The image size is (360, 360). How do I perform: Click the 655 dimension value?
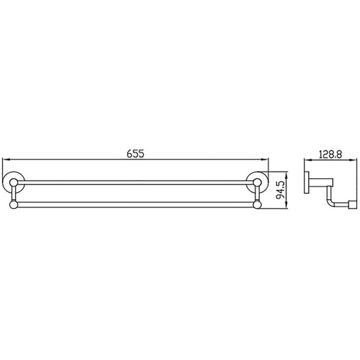pyautogui.click(x=135, y=154)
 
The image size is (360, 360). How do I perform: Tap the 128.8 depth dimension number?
pyautogui.click(x=331, y=154)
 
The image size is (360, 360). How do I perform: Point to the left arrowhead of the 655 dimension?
pyautogui.click(x=5, y=159)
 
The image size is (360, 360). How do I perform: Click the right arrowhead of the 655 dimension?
pyautogui.click(x=265, y=159)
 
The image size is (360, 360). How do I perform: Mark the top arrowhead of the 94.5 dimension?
pyautogui.click(x=286, y=175)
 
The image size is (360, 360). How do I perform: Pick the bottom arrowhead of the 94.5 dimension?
pyautogui.click(x=286, y=205)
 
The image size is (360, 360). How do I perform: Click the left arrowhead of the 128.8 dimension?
pyautogui.click(x=308, y=160)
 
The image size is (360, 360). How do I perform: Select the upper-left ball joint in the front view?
pyautogui.click(x=14, y=183)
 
